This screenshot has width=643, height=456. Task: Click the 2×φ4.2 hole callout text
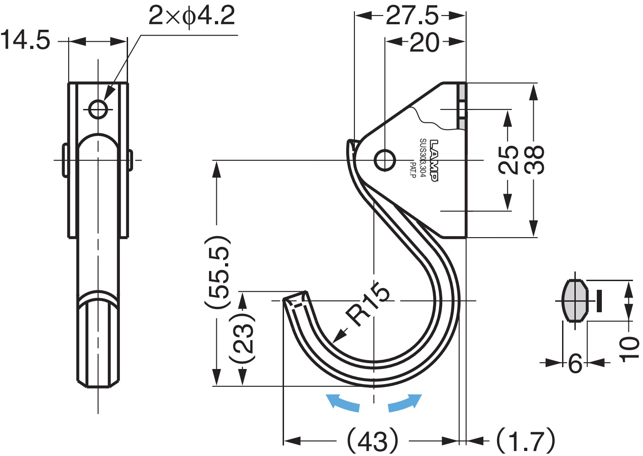pyautogui.click(x=192, y=16)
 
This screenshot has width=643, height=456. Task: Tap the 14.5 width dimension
pyautogui.click(x=25, y=40)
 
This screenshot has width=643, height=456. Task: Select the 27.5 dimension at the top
pyautogui.click(x=412, y=16)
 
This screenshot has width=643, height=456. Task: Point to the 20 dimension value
pyautogui.click(x=424, y=43)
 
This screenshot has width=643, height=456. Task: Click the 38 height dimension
pyautogui.click(x=534, y=160)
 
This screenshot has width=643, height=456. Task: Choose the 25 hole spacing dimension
pyautogui.click(x=508, y=160)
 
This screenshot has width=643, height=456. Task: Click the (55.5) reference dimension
pyautogui.click(x=217, y=273)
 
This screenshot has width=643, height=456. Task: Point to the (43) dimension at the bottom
pyautogui.click(x=373, y=440)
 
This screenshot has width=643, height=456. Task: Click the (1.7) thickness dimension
pyautogui.click(x=526, y=440)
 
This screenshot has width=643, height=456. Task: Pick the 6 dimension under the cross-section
pyautogui.click(x=575, y=364)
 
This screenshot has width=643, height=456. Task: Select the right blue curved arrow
pyautogui.click(x=405, y=404)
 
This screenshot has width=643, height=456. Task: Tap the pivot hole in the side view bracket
pyautogui.click(x=385, y=160)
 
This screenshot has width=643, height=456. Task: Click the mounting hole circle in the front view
pyautogui.click(x=98, y=109)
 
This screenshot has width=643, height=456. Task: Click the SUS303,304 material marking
pyautogui.click(x=423, y=158)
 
